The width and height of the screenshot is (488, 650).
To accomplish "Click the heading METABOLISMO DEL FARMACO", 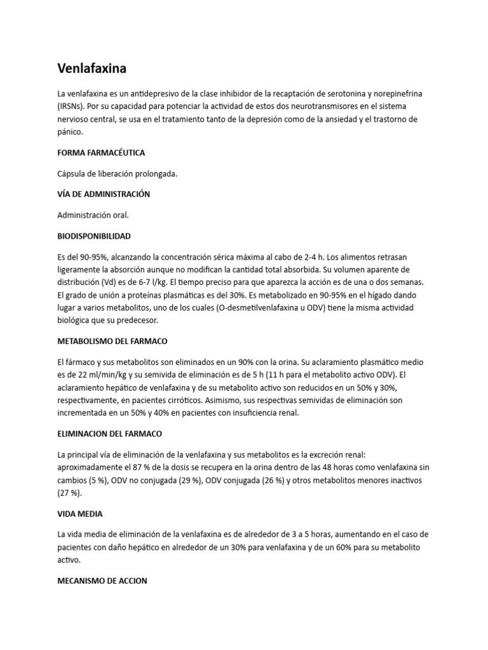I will pyautogui.click(x=112, y=340).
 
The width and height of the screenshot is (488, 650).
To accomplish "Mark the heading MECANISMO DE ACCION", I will pyautogui.click(x=102, y=580).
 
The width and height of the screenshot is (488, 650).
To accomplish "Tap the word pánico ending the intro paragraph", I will pyautogui.click(x=70, y=132).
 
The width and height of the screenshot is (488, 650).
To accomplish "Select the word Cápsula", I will pyautogui.click(x=72, y=174).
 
